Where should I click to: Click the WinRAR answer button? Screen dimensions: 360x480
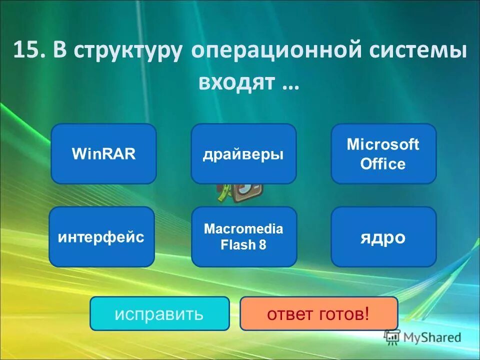coord(104,154)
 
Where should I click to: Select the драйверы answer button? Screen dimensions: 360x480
coord(243,154)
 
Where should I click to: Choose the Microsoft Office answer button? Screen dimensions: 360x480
coord(383,154)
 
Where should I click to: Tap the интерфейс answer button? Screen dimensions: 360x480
coord(101,236)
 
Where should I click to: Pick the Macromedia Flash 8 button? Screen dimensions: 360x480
coord(244,236)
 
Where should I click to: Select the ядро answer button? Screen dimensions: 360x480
coord(383,236)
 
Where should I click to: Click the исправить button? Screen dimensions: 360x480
coord(159,313)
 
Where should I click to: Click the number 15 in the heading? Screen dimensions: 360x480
coord(26,51)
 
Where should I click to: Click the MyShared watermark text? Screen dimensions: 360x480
coord(432,337)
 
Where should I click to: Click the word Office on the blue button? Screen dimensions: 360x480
coord(383,164)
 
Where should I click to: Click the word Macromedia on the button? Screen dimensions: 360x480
coord(244,229)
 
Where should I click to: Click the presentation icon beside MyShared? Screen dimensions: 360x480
coord(392,337)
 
